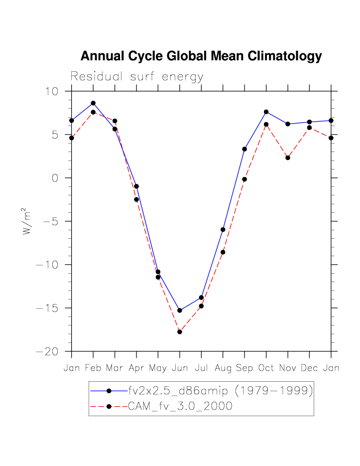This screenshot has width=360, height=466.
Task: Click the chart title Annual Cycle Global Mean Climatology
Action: point(201,56)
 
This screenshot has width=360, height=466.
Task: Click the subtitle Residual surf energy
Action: point(137,77)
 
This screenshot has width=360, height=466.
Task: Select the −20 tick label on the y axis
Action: point(47,352)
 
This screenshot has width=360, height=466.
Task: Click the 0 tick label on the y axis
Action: point(55,178)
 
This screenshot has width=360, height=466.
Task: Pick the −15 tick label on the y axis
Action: point(47,309)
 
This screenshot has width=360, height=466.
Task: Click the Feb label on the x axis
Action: point(93,368)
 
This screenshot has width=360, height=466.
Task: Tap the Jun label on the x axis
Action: point(179,368)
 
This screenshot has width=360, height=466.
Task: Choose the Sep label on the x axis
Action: point(244,368)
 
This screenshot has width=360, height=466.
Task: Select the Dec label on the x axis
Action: point(309,368)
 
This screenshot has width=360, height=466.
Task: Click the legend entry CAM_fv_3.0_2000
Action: point(180,406)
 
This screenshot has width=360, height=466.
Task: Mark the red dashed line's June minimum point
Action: point(180,331)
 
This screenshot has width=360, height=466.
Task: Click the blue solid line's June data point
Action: point(180,311)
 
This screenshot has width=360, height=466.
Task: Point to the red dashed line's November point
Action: point(288,157)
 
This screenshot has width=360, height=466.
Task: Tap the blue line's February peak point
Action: point(93,103)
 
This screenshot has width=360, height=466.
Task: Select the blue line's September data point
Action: point(244,149)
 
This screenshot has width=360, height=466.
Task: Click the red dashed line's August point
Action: point(223,252)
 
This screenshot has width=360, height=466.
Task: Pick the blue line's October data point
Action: point(266,112)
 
